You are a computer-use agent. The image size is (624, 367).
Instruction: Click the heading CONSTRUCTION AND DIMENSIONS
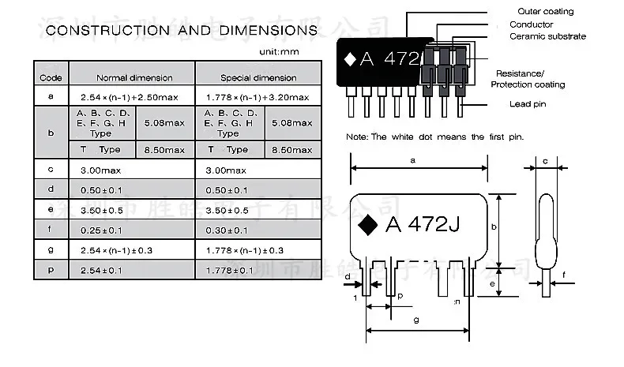(x=182, y=31)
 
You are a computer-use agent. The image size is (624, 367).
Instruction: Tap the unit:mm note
(x=280, y=52)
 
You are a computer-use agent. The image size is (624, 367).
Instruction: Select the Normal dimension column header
(x=133, y=77)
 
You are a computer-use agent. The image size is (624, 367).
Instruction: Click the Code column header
(x=51, y=77)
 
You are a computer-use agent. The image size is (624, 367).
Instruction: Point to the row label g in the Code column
(x=51, y=249)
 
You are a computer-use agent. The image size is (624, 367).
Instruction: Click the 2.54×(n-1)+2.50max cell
(x=132, y=96)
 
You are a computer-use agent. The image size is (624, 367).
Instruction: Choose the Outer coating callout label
(x=545, y=12)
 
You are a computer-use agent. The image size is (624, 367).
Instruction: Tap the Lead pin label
(x=528, y=103)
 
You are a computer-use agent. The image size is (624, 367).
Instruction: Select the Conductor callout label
(x=531, y=24)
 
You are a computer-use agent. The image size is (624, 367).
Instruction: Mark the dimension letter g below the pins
(x=415, y=320)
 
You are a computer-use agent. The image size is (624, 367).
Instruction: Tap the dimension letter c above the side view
(x=546, y=161)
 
